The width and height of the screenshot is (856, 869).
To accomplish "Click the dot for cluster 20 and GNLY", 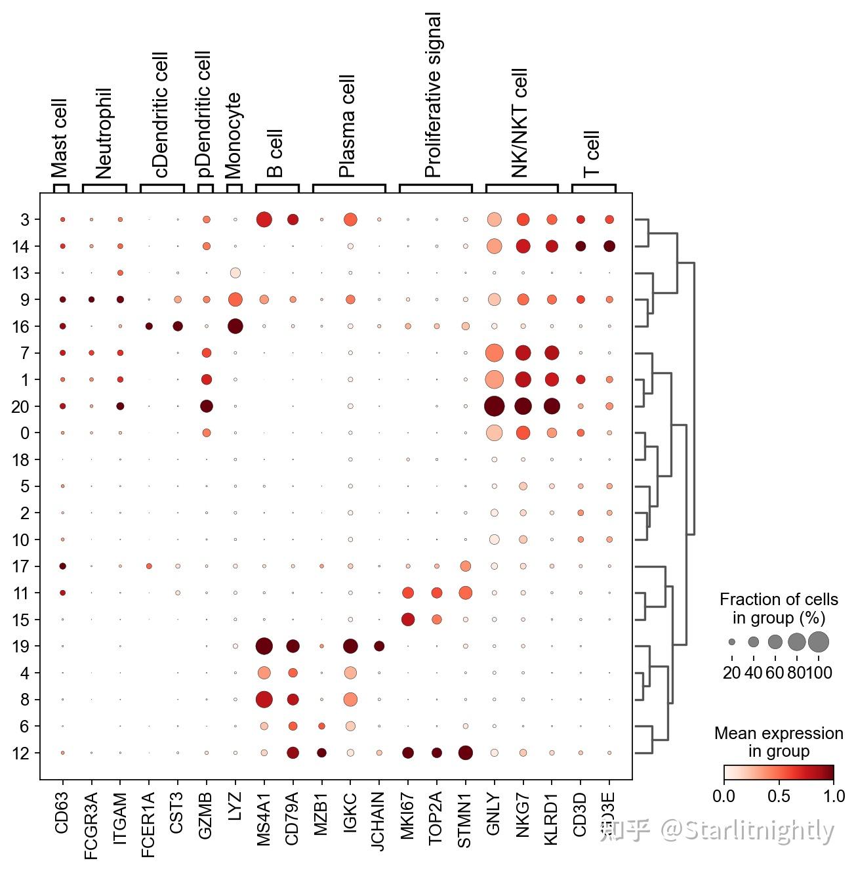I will [x=494, y=406].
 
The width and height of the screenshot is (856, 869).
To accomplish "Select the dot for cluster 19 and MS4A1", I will [x=264, y=646].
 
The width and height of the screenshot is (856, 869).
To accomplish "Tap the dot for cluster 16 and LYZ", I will [x=235, y=326].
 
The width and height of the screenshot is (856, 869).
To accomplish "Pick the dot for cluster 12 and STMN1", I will [x=465, y=753].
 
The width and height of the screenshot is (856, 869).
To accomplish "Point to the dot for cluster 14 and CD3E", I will [x=609, y=246].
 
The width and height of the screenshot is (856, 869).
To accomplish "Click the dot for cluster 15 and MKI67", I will [x=408, y=620].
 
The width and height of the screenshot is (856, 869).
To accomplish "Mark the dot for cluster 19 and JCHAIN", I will [x=379, y=646].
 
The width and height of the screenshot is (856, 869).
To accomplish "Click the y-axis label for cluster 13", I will [x=21, y=273].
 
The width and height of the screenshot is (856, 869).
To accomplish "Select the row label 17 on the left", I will [x=21, y=566].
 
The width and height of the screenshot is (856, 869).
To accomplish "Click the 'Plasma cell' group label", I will [x=347, y=126].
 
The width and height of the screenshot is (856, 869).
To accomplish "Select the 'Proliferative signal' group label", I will [x=434, y=95].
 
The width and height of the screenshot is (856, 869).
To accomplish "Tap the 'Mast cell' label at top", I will [x=60, y=138].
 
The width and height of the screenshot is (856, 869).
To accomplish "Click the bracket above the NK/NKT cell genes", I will [x=521, y=186].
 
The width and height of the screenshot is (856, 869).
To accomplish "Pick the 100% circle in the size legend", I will [x=819, y=642].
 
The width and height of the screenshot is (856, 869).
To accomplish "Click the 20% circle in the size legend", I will [x=732, y=642].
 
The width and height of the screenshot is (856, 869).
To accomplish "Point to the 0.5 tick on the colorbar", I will [x=779, y=796].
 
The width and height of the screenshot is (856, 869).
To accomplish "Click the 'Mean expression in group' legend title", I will [x=779, y=742].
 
